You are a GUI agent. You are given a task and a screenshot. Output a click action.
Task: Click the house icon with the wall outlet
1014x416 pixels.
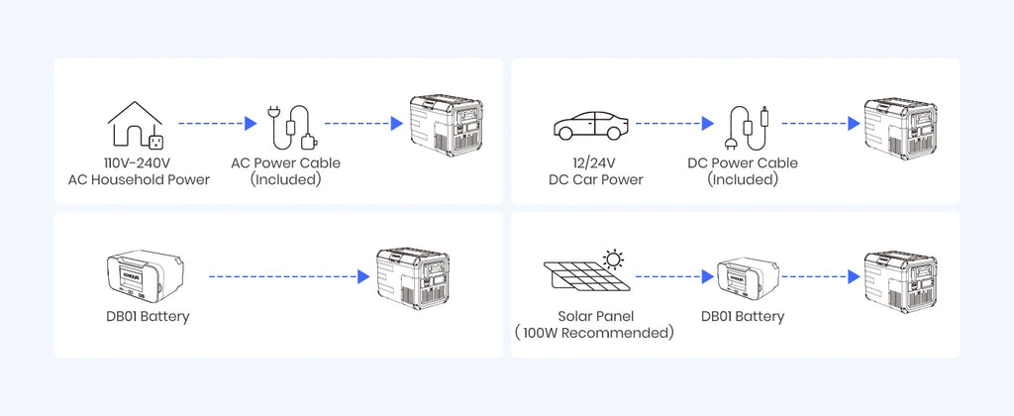[135, 124]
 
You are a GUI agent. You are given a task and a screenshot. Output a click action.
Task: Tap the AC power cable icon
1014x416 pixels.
[293, 126]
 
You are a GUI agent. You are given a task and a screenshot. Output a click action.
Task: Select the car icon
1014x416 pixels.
[590, 125]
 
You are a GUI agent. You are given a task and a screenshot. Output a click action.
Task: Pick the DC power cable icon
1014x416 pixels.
[749, 128]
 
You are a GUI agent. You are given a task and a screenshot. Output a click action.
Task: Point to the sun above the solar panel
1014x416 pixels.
[613, 260]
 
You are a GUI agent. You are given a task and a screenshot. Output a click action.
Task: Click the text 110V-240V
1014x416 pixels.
[139, 163]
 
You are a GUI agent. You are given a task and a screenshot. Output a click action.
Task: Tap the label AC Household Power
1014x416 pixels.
[139, 180]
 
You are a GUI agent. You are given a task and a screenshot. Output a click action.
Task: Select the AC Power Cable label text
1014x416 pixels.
[286, 163]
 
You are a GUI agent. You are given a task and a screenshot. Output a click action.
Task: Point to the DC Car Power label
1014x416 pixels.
[595, 180]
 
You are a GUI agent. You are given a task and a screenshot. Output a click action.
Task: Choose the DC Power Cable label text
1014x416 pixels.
[743, 163]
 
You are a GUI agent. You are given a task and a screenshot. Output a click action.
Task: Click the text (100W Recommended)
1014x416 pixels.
[595, 333]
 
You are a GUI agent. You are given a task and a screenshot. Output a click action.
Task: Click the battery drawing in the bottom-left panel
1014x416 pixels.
[145, 277]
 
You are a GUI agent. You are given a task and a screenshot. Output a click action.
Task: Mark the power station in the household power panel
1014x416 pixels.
[447, 126]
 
